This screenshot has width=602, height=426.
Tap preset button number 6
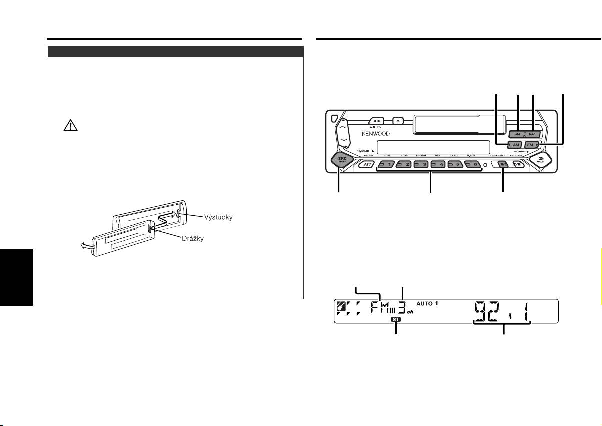(472, 164)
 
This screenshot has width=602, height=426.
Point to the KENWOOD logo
(376, 134)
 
